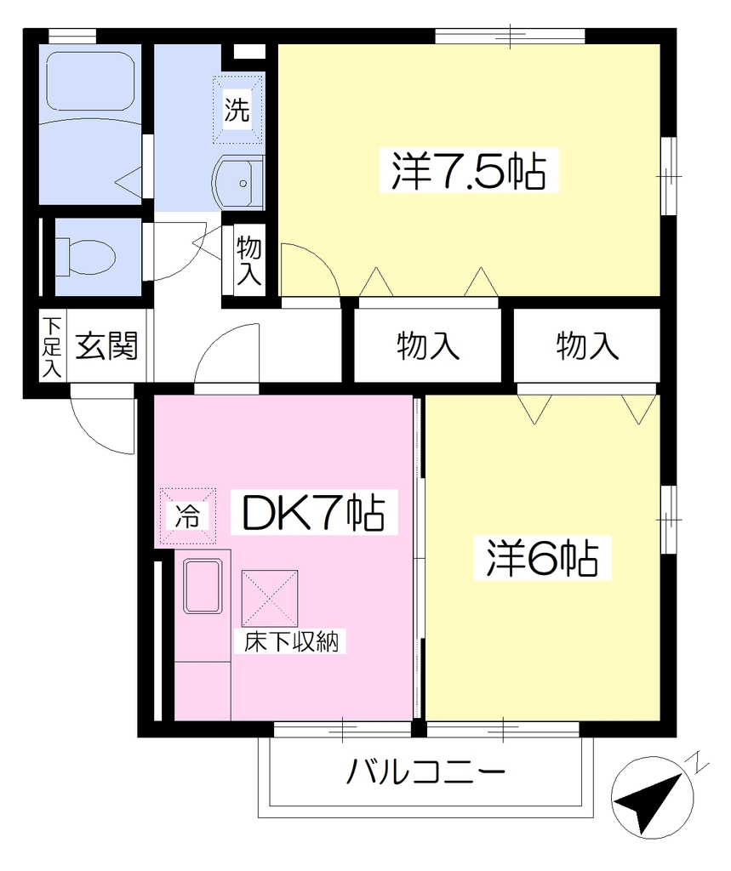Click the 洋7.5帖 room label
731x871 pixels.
(469, 170)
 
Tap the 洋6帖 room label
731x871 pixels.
(542, 558)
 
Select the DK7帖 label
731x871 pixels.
(314, 512)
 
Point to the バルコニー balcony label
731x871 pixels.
(425, 771)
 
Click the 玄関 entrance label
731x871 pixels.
(106, 345)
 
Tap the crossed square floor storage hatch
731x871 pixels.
(270, 598)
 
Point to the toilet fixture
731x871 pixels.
(85, 257)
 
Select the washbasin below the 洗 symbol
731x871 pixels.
(238, 183)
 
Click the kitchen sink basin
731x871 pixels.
(203, 587)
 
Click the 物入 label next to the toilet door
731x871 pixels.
(248, 260)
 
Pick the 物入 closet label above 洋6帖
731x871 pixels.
(587, 345)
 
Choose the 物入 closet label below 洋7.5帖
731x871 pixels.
(428, 345)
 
